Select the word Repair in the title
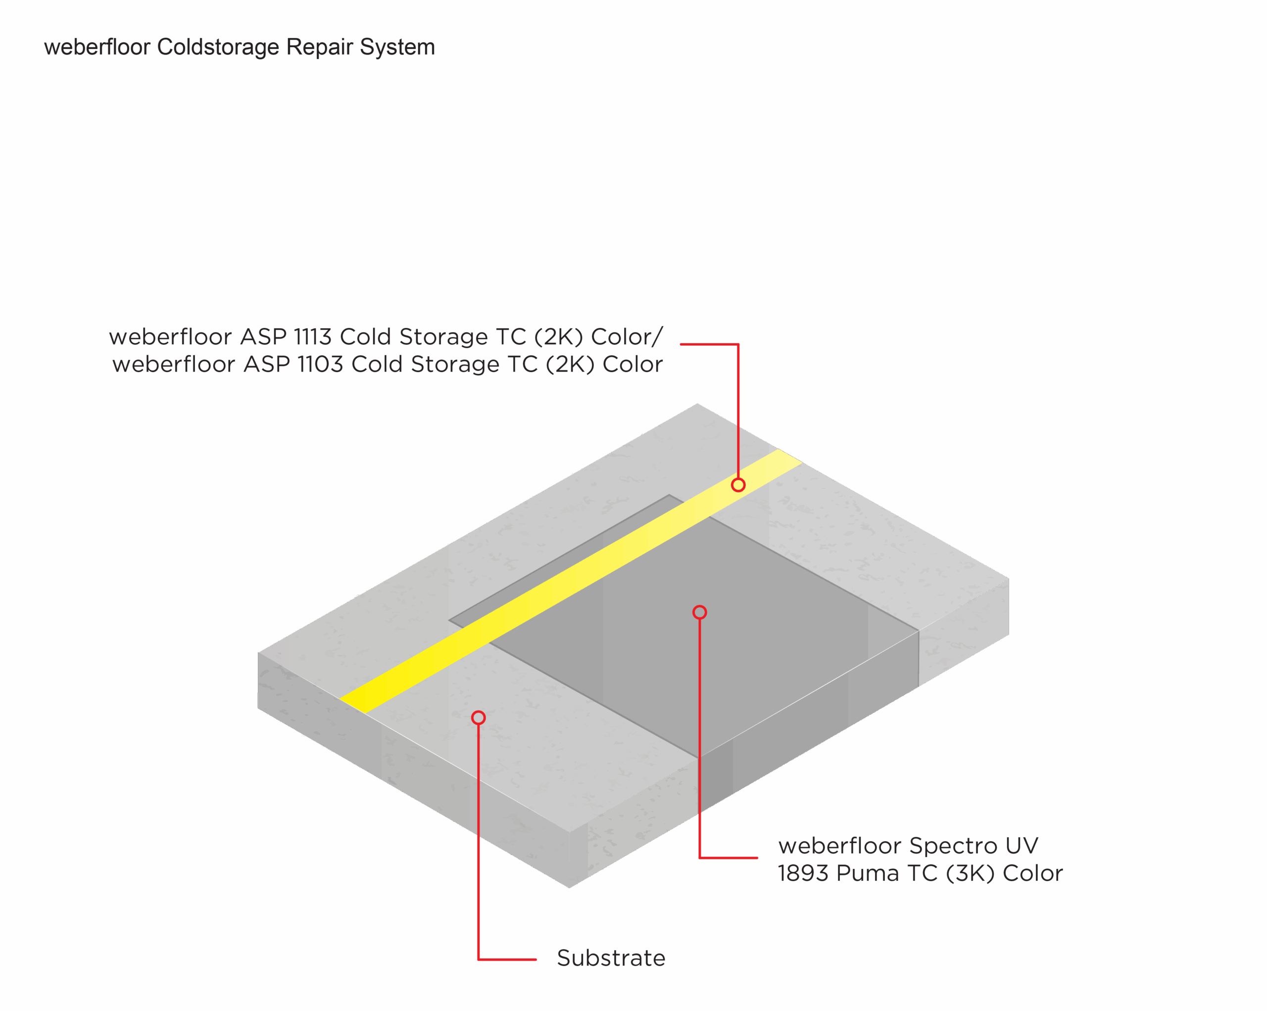[x=320, y=48]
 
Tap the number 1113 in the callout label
[x=313, y=337]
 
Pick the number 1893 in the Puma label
[x=803, y=874]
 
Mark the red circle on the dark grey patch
[x=699, y=613]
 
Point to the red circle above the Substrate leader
[x=479, y=718]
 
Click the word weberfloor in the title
[x=97, y=47]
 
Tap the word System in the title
[x=397, y=48]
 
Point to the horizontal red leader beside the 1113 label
[x=709, y=344]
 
